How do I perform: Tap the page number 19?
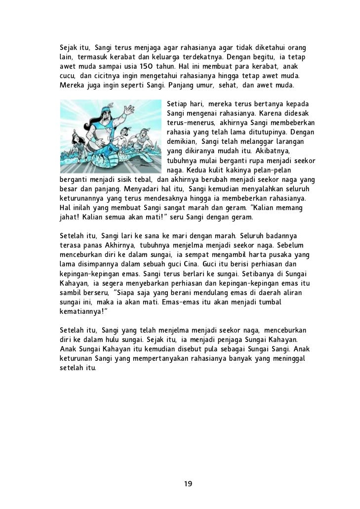coord(188,483)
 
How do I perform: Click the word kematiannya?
coord(82,313)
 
